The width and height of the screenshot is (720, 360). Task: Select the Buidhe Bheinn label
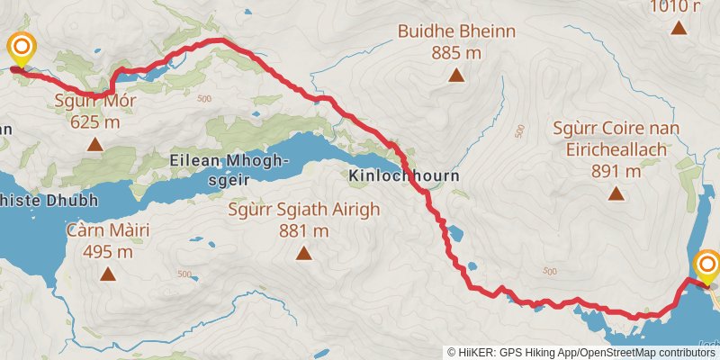click(458, 32)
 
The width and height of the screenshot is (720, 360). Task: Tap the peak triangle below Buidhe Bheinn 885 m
click(458, 76)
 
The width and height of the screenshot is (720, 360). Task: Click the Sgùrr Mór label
click(94, 100)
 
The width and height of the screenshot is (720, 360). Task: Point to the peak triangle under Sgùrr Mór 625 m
click(94, 143)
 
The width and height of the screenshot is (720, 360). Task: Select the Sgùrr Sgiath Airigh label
click(304, 211)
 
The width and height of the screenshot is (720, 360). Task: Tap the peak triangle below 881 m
click(304, 254)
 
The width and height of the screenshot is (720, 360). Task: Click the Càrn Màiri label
click(108, 231)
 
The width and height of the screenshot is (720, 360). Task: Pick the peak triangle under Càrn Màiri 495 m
click(108, 274)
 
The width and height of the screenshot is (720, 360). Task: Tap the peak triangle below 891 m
click(616, 192)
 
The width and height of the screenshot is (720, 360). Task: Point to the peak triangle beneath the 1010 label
click(679, 27)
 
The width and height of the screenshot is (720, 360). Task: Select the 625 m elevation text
click(94, 121)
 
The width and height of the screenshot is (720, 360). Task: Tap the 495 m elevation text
click(108, 252)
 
